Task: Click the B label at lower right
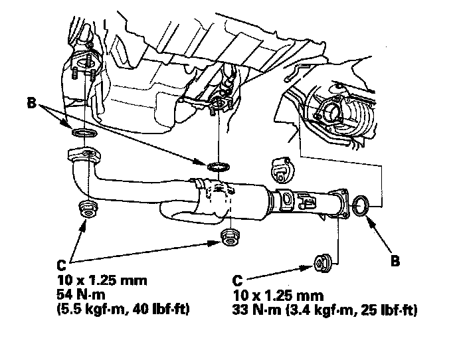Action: (396, 261)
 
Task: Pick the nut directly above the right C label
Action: (323, 263)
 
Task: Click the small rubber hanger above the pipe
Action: (281, 171)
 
